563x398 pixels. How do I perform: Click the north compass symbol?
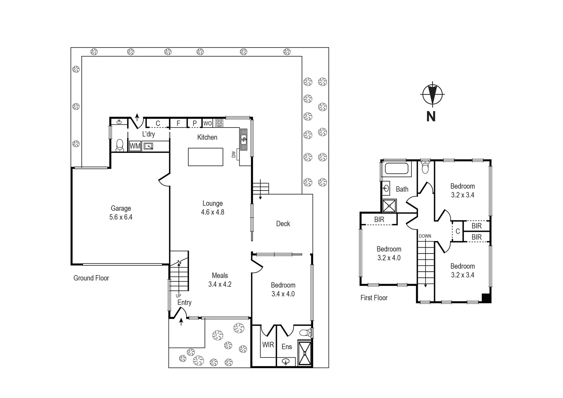(432, 95)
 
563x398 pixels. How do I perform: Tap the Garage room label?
(121, 209)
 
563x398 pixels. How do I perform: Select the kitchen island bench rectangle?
(205, 157)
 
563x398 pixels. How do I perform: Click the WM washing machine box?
(135, 146)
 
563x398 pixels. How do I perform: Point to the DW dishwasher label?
(234, 155)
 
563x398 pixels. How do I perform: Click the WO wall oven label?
(208, 123)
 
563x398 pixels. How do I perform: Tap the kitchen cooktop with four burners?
(219, 123)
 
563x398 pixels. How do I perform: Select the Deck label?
(283, 224)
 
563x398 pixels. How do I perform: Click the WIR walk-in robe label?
(268, 345)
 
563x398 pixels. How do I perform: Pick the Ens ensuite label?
(286, 347)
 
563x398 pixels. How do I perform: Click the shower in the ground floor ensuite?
(305, 353)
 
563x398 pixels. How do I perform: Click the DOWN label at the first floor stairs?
(425, 236)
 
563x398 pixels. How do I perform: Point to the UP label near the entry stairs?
(178, 296)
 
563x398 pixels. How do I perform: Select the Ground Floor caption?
(91, 278)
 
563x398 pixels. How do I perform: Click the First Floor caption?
(374, 298)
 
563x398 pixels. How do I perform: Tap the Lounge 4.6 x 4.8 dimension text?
(212, 212)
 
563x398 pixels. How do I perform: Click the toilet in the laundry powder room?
(119, 146)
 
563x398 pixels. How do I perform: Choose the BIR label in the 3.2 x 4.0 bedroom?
(379, 220)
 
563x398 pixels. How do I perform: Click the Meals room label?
(220, 276)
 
